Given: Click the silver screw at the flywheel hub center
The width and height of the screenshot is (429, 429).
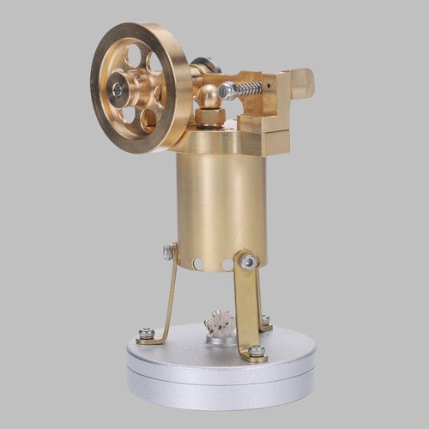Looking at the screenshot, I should tap(118, 89).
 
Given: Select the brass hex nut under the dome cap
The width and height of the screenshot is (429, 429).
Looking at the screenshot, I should tap(210, 116).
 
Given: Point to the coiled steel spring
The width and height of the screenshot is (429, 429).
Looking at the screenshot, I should tap(250, 88).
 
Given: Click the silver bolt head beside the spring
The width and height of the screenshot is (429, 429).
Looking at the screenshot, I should tap(227, 90).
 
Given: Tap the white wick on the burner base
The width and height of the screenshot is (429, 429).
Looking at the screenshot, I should tap(220, 323).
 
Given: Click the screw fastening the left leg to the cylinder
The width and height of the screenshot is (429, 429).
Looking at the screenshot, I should tap(169, 252).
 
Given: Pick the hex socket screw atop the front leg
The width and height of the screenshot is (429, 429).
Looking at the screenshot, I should tap(248, 262).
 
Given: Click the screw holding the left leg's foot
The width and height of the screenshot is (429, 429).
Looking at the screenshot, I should tap(147, 333).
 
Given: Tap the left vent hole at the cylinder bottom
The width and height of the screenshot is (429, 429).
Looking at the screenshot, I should tap(198, 263).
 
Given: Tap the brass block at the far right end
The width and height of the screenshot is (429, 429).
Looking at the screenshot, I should tap(302, 83).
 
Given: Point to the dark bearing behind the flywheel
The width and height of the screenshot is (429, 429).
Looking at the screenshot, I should tap(206, 65).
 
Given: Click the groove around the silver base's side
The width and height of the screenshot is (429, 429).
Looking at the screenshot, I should tap(221, 371).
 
